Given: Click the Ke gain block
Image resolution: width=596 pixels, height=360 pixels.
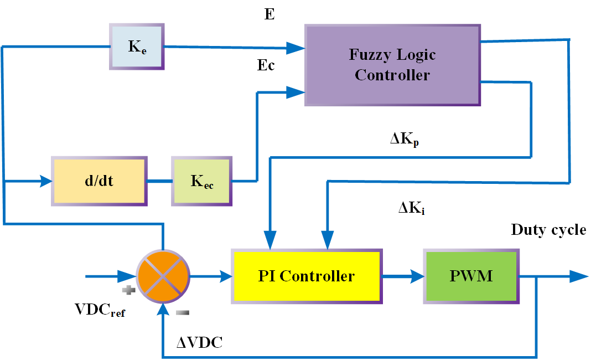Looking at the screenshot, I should [136, 47].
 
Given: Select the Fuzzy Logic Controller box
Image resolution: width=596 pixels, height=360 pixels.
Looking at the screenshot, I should [392, 65].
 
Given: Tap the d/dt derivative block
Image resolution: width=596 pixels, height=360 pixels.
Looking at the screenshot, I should [100, 181].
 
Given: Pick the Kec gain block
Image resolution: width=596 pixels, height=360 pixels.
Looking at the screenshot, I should [202, 182].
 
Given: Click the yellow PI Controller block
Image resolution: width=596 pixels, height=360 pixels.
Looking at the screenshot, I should [306, 276].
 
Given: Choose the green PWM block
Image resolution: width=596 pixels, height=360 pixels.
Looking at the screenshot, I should [471, 276].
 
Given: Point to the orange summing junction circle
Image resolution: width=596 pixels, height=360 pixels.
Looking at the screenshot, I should [163, 275].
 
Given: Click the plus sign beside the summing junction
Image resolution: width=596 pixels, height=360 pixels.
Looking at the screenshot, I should [128, 289].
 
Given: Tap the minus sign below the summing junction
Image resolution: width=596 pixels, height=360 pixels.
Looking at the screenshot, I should [182, 313].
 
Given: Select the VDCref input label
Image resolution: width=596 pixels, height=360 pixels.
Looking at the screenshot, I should [100, 310].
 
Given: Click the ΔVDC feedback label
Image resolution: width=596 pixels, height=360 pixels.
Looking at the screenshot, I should [199, 343].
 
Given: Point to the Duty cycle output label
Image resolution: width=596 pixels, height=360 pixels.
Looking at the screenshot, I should [548, 230].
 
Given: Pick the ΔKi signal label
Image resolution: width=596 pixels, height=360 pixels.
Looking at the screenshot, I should [412, 209].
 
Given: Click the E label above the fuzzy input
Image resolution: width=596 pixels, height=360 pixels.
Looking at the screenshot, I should [270, 15].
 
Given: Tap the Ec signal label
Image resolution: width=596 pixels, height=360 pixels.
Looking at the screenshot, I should [266, 66].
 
